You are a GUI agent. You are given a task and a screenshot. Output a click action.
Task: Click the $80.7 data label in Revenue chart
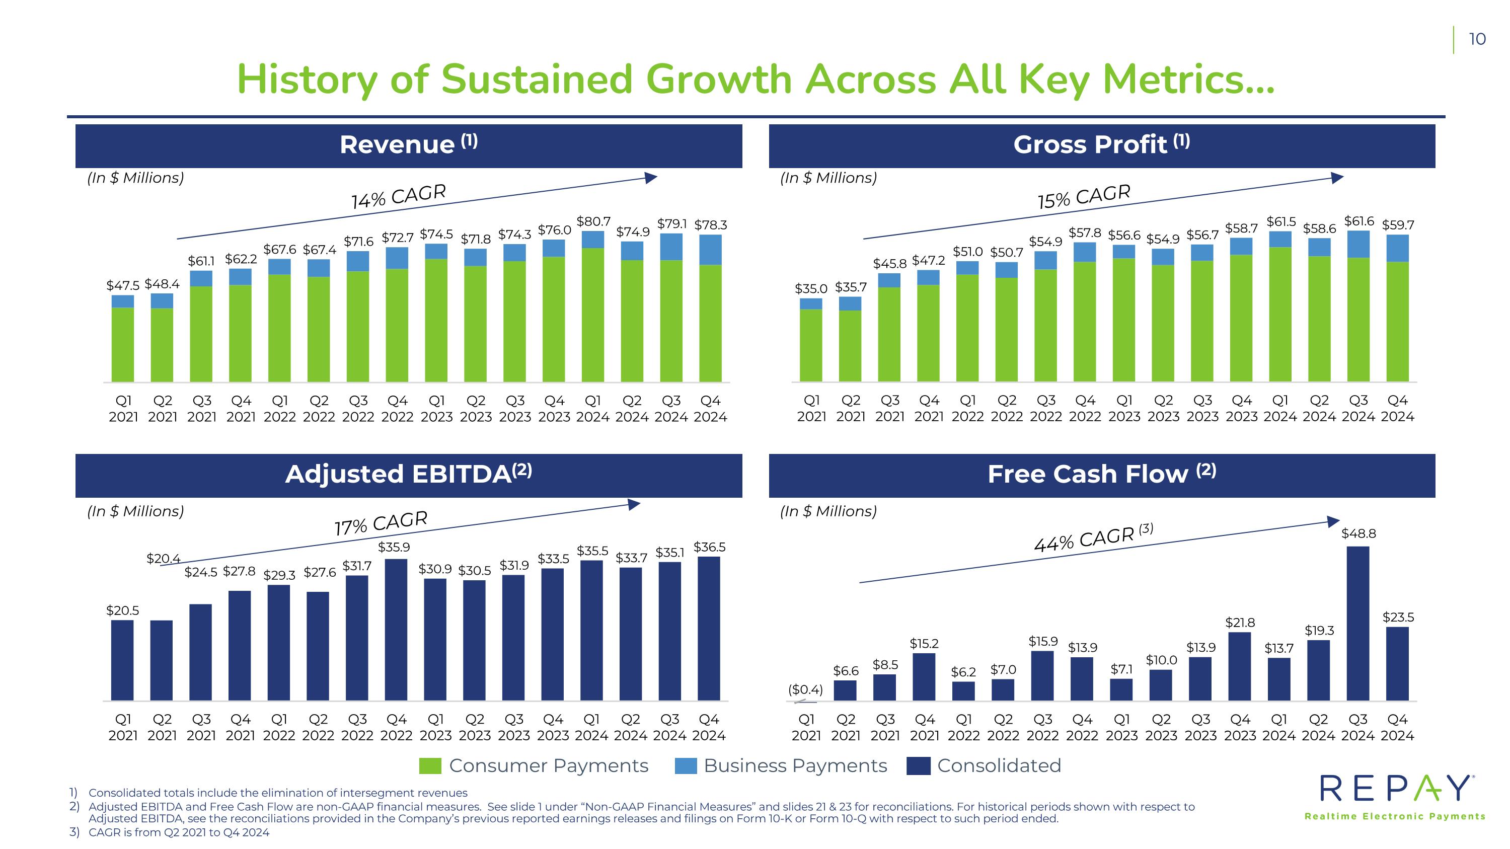(x=593, y=221)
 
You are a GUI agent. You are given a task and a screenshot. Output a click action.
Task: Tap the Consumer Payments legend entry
(x=534, y=766)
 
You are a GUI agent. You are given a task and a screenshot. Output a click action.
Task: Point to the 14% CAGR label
(x=399, y=196)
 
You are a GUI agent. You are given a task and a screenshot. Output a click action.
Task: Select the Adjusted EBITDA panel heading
(x=409, y=475)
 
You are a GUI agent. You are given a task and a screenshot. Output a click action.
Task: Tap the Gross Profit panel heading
(x=1101, y=145)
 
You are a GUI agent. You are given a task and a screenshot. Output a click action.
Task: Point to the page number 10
(x=1477, y=39)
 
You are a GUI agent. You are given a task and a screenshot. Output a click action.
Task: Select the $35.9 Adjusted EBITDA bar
(x=396, y=630)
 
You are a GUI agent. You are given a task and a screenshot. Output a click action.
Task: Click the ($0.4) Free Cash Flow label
(x=805, y=690)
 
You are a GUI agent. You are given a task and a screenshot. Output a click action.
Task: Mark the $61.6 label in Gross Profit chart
(x=1359, y=221)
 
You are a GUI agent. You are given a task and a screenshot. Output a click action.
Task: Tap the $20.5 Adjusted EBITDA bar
(x=122, y=660)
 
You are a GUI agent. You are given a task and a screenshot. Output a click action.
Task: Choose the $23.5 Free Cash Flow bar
(x=1397, y=664)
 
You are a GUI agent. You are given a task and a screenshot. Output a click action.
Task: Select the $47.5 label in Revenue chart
(x=122, y=285)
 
